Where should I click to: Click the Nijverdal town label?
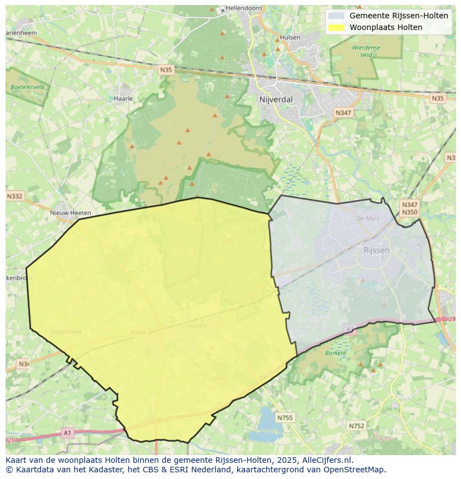[276, 100]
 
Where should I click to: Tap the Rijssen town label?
[376, 250]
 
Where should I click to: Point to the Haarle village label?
[123, 98]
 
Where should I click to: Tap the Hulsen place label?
[290, 38]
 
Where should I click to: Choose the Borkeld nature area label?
[336, 353]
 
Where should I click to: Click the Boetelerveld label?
[27, 87]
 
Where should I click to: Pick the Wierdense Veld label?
[366, 51]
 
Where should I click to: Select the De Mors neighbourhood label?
[367, 219]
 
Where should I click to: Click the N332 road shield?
[15, 196]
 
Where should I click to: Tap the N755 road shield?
[285, 418]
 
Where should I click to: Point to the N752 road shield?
[356, 426]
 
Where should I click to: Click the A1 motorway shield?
[67, 433]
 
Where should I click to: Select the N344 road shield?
[138, 333]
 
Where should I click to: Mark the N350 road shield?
[409, 213]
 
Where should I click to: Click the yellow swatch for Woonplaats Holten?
[336, 27]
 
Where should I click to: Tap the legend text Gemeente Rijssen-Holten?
[399, 16]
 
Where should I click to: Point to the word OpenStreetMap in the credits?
[356, 470]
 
